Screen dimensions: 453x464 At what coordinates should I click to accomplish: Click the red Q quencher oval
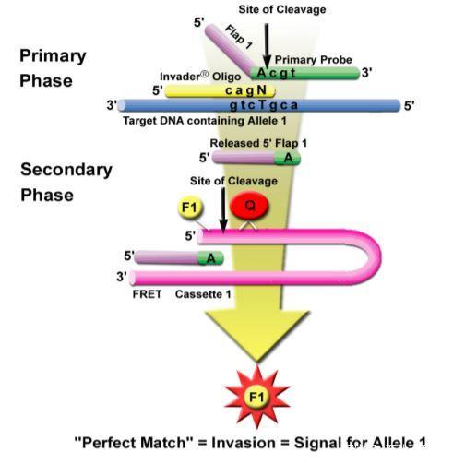tap(249, 206)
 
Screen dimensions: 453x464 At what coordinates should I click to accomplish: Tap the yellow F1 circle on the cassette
tap(190, 208)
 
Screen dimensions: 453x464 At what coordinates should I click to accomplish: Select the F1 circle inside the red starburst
tap(256, 397)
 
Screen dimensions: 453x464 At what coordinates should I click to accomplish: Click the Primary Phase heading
tap(53, 68)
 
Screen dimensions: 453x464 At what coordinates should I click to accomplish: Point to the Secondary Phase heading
tap(66, 182)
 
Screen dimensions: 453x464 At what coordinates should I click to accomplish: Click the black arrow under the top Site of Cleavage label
tap(267, 45)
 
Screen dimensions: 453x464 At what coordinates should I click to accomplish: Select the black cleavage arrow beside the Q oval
tap(223, 210)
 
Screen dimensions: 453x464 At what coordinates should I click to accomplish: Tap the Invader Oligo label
tap(200, 77)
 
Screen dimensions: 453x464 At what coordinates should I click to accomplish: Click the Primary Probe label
tap(314, 60)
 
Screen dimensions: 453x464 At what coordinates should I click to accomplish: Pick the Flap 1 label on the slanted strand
tap(239, 37)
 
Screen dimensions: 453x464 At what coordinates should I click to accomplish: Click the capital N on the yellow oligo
tap(261, 90)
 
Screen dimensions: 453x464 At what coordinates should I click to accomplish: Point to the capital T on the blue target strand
tap(262, 105)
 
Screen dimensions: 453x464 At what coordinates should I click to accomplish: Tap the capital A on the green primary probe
tap(261, 73)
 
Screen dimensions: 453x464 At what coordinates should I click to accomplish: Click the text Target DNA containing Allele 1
tap(205, 121)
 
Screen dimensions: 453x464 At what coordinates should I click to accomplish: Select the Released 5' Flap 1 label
tap(258, 143)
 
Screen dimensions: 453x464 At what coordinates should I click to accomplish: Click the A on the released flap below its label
tap(289, 158)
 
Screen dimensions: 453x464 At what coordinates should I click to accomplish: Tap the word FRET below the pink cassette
tap(147, 294)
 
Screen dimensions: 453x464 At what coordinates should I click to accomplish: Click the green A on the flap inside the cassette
tap(211, 258)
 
